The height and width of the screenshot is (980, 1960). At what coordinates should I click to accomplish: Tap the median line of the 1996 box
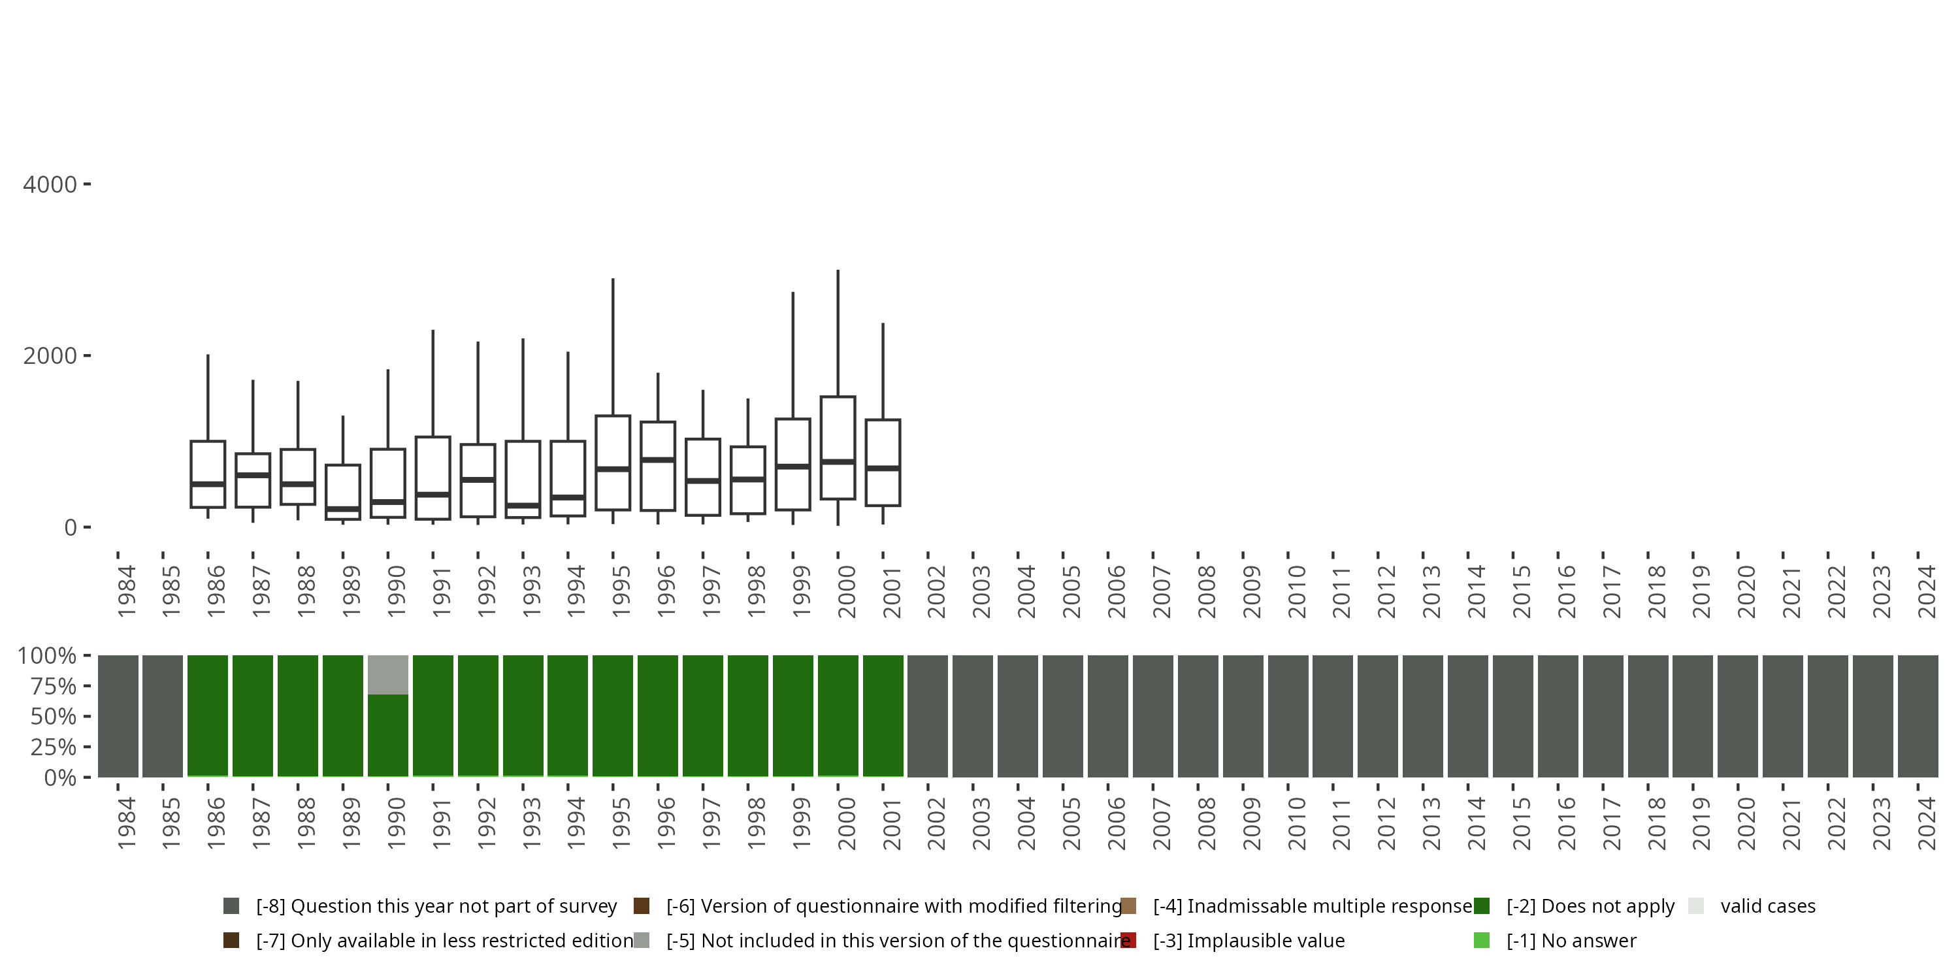pos(657,459)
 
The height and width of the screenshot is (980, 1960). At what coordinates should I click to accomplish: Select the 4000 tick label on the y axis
pos(50,185)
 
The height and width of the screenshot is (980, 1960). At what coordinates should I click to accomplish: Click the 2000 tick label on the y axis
pos(50,356)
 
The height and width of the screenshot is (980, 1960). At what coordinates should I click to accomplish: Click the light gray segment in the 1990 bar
pos(388,675)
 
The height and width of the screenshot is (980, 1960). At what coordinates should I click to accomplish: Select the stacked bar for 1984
pos(118,716)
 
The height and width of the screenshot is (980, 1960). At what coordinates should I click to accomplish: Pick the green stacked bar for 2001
pos(883,716)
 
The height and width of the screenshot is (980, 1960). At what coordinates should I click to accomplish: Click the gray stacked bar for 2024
pos(1918,716)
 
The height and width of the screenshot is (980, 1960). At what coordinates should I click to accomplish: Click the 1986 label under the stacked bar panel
pos(216,823)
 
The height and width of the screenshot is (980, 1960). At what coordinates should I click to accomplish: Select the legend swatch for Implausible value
pos(1128,940)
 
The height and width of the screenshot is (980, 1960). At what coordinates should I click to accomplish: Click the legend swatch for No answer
pos(1481,940)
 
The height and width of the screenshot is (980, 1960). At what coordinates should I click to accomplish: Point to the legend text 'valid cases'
pos(1767,906)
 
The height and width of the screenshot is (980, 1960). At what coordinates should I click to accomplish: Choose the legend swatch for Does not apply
pos(1481,906)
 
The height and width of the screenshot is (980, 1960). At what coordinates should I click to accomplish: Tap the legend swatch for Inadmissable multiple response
pos(1128,906)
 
